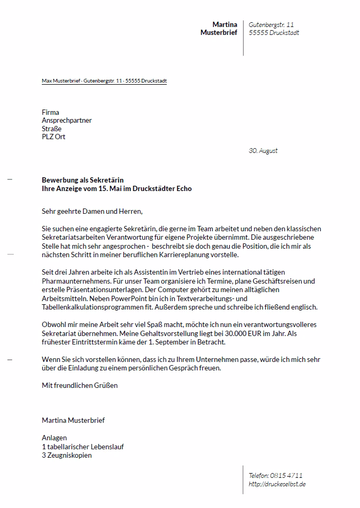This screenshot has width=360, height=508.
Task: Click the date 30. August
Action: (x=263, y=151)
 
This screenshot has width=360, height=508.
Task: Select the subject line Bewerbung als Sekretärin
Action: (x=83, y=180)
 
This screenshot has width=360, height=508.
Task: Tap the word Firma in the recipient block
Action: (x=50, y=112)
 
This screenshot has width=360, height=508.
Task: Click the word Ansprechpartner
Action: (x=67, y=121)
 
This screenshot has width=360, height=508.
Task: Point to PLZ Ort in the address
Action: (x=53, y=137)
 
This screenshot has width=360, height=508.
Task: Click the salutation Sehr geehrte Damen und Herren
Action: (x=92, y=212)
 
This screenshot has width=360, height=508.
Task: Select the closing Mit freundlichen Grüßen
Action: (x=79, y=385)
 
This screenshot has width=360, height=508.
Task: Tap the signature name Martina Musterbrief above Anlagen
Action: (x=73, y=420)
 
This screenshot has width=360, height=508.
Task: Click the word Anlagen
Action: (x=54, y=438)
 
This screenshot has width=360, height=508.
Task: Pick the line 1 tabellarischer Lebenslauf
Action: (x=83, y=447)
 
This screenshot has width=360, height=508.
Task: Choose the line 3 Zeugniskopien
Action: (x=67, y=455)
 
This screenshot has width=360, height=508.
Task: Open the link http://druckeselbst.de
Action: (x=277, y=484)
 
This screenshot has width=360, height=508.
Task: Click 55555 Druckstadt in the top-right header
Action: (x=274, y=33)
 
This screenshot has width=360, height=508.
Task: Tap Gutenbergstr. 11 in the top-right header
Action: (x=271, y=24)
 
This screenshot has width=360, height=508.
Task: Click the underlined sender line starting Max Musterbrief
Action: (x=104, y=81)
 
